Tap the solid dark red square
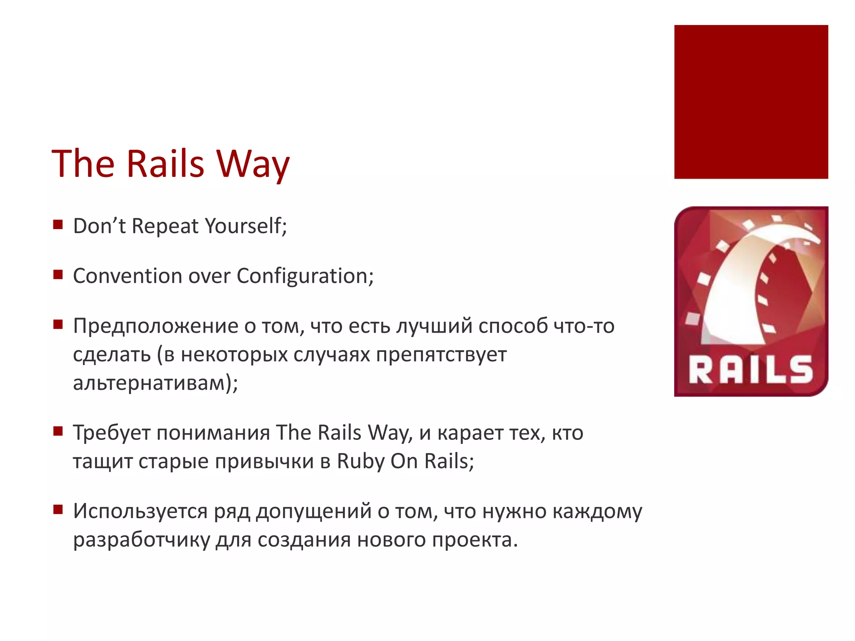click(x=751, y=102)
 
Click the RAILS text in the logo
click(x=751, y=370)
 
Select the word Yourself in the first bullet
click(x=246, y=226)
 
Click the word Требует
click(x=111, y=433)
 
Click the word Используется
click(x=140, y=511)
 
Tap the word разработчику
click(x=141, y=540)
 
